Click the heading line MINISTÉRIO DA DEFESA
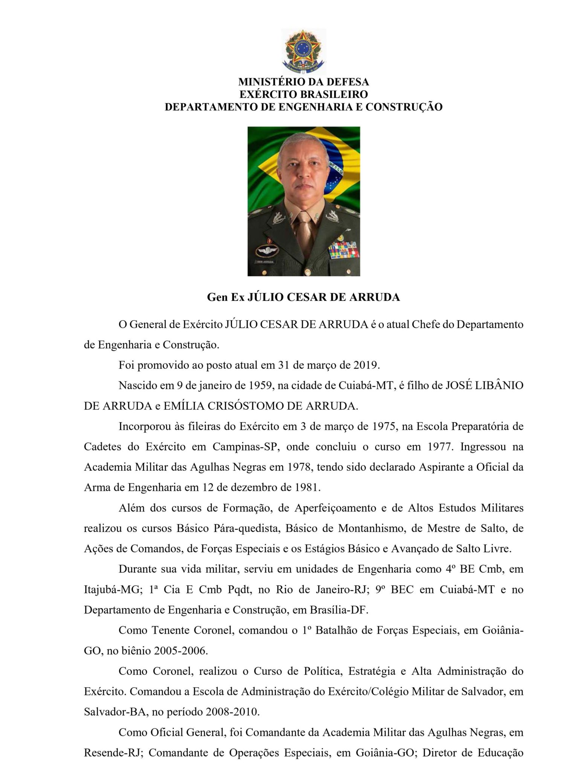[304, 82]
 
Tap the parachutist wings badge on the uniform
[266, 251]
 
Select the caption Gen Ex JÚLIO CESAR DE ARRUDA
[304, 297]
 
